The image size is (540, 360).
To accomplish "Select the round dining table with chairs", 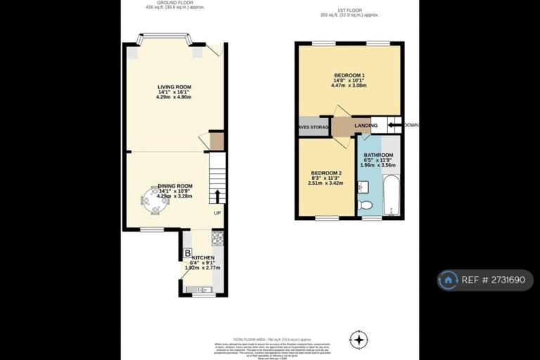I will coord(154,200).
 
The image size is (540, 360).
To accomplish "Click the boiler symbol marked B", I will coord(187,253).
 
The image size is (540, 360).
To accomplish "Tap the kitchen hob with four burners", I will coord(217,239).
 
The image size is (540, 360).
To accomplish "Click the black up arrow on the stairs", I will coord(217,195).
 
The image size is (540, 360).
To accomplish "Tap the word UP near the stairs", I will coord(217,212).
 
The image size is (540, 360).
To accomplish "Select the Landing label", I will coord(366,126).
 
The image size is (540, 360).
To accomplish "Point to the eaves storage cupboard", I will coord(314,127).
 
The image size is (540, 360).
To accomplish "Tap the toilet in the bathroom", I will coord(364,205).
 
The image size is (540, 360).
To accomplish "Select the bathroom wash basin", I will coord(361,187).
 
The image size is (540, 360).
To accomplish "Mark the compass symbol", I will coord(359,340).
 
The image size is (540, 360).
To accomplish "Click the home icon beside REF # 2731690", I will coord(448,280).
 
